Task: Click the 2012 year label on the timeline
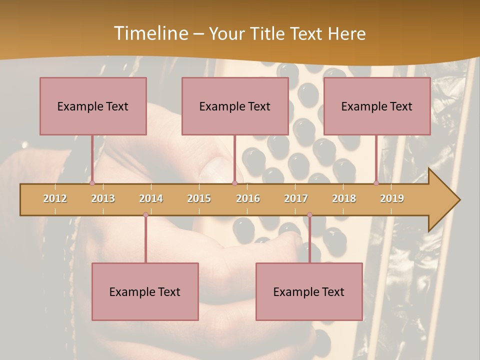pos(55,198)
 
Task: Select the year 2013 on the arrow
pos(103,198)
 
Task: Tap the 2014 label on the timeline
pos(151,198)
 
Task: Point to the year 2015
pos(199,198)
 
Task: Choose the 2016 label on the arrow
pos(248,198)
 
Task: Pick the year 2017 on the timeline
pos(296,198)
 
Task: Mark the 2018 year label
pos(344,198)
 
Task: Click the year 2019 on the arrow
pos(392,198)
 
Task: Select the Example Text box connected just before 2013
pos(93,106)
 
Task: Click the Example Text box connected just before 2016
pos(235,106)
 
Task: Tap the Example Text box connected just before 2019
pos(377,106)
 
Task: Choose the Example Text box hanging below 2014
pos(145,291)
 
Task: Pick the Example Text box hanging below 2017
pos(309,291)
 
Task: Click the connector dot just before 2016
pos(234,183)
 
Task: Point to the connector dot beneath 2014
pos(145,214)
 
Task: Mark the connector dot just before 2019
pos(376,183)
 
